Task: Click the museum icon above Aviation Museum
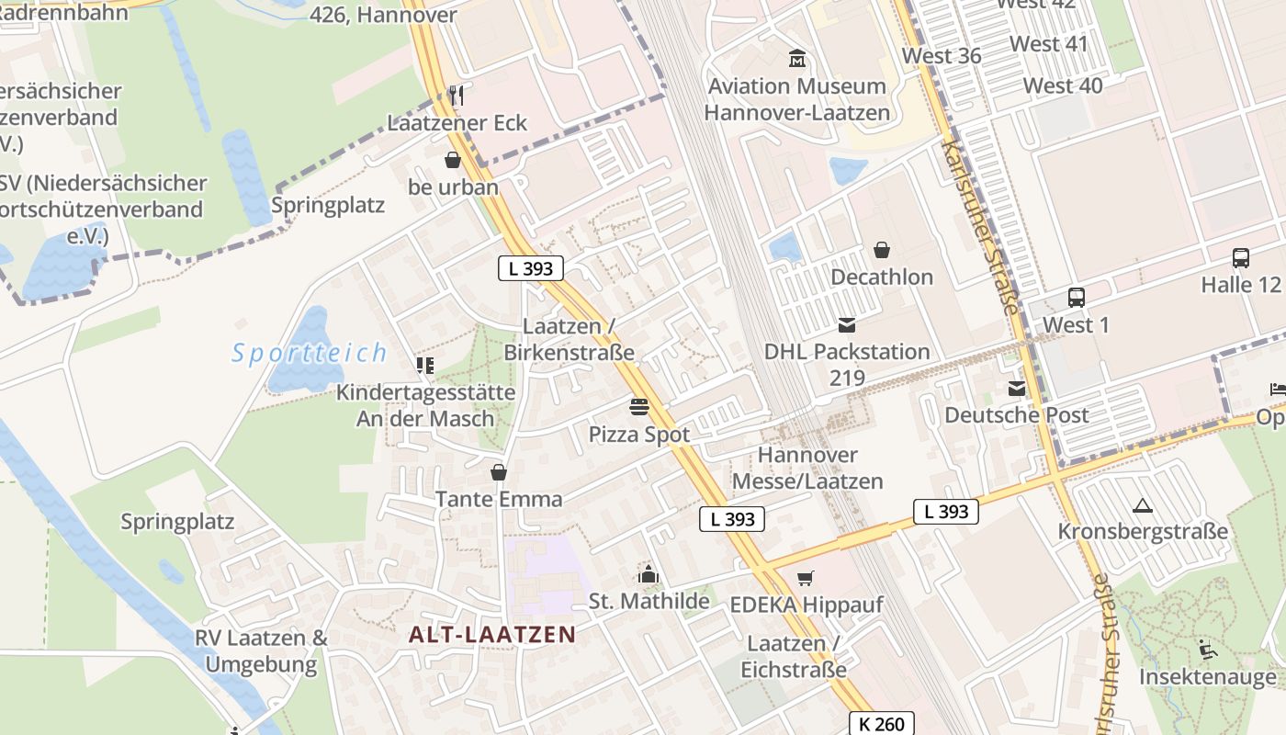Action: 797,60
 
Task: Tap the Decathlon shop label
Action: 881,277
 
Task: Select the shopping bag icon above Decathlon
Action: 881,250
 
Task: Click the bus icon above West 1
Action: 1076,298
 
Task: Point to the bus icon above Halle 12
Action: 1240,258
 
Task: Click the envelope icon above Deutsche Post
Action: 1016,389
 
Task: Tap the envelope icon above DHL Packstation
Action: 846,325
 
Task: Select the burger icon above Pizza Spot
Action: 639,407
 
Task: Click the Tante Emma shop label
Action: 498,499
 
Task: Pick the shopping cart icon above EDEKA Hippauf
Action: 805,578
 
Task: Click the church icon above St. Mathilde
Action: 649,575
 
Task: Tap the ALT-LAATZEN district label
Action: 491,634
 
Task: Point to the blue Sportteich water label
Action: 310,353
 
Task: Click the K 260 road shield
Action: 882,724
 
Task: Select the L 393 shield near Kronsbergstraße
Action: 945,512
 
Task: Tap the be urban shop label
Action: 453,187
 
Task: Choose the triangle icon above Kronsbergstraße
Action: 1142,505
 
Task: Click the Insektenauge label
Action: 1207,677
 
